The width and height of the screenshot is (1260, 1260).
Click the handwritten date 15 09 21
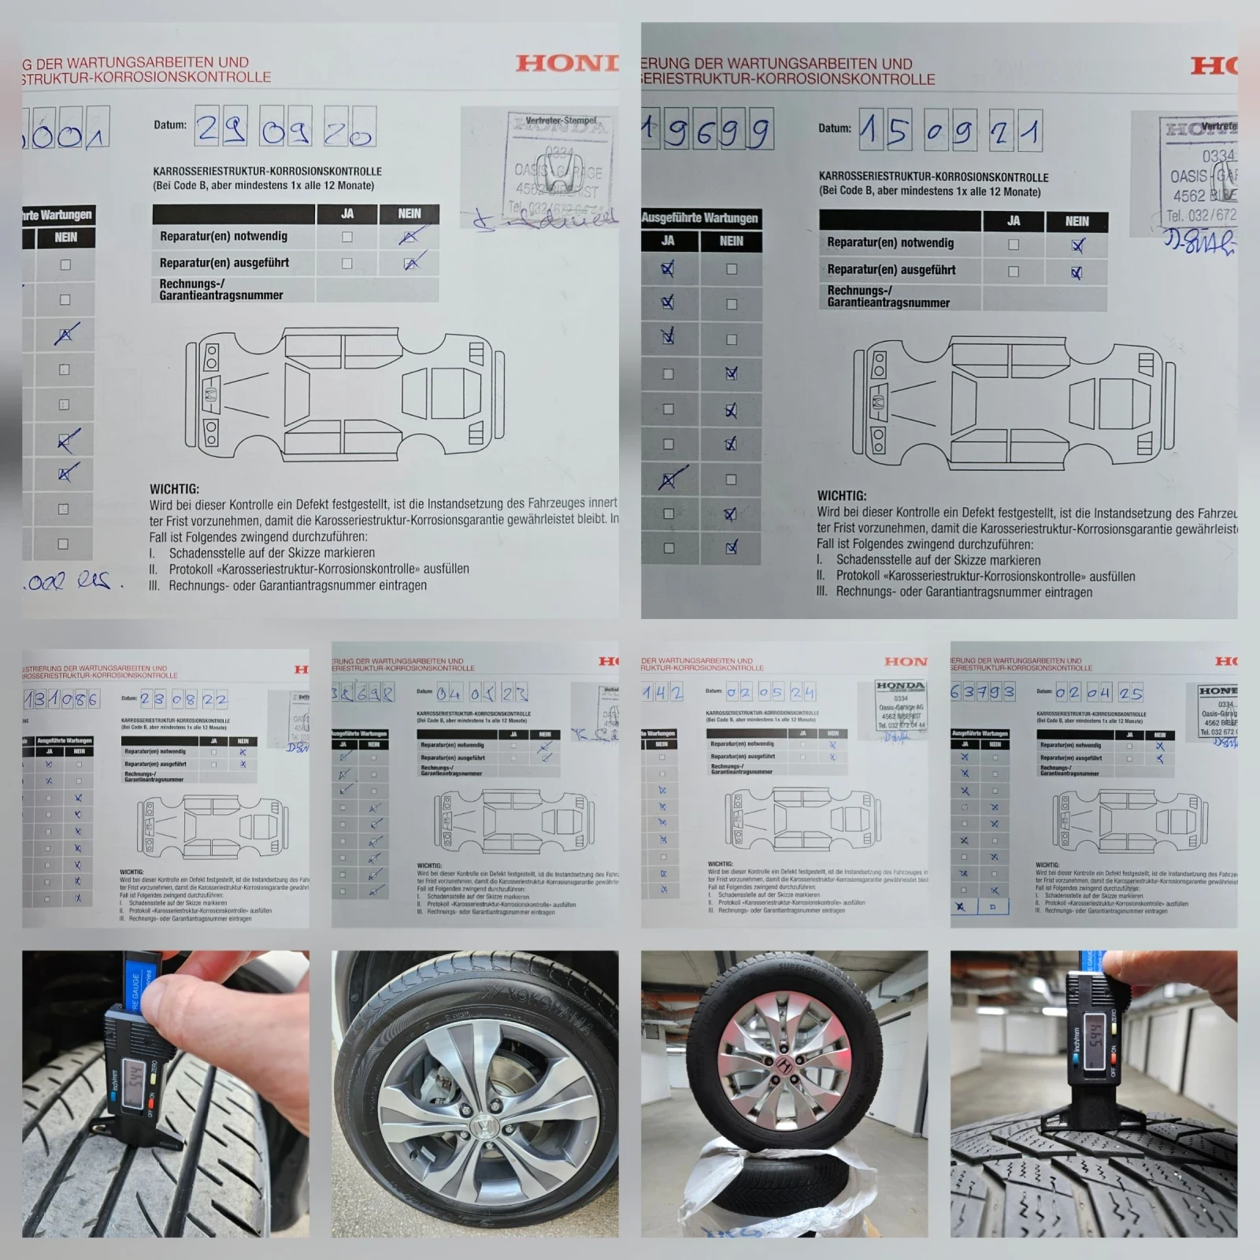coord(951,131)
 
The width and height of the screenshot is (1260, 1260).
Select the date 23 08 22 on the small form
coord(183,699)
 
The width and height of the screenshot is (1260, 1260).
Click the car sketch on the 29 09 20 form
coord(344,394)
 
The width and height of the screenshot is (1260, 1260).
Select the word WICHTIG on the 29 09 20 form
coord(175,489)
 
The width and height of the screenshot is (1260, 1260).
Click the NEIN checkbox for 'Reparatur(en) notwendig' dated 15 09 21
coord(1077,245)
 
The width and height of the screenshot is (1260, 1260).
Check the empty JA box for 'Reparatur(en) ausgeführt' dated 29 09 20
coord(346,263)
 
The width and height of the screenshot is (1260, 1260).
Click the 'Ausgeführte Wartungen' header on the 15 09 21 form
coord(699,217)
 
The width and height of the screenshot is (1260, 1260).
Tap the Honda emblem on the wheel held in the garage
coord(784,1064)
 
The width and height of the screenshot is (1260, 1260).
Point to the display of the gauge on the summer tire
coord(135,1077)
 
